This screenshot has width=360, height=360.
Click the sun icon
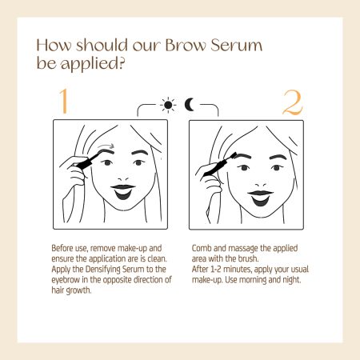point(168,105)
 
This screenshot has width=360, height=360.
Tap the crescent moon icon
point(189,105)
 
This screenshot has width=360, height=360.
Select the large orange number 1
point(64,101)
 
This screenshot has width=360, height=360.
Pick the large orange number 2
point(292,102)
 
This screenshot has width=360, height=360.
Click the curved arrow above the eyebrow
point(106,146)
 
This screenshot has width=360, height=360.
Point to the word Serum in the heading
point(236,46)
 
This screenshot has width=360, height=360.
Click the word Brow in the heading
point(186,46)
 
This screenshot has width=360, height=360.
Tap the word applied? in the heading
point(93,64)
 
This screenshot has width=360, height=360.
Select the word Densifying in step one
point(102,270)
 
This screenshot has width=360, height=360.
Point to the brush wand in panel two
point(219,166)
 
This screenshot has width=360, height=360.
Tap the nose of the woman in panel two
point(261,185)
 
